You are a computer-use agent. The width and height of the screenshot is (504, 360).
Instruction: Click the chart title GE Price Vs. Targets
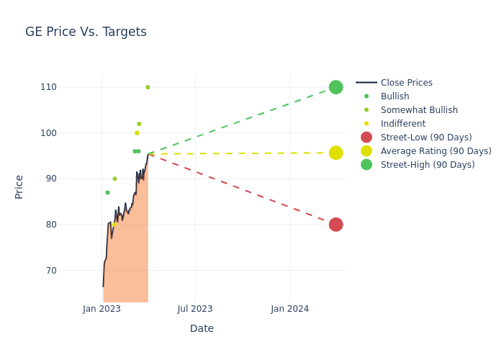click(86, 32)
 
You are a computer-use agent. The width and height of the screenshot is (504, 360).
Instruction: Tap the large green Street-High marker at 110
click(336, 87)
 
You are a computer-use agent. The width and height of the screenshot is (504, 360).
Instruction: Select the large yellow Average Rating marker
click(336, 153)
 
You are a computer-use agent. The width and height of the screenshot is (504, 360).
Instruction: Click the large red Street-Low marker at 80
click(336, 225)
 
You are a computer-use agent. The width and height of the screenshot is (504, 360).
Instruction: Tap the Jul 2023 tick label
click(195, 309)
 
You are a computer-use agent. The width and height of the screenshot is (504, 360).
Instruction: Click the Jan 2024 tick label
click(290, 309)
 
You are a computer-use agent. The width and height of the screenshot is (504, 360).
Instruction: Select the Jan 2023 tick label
click(102, 309)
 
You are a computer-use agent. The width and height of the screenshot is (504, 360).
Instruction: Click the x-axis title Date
click(202, 328)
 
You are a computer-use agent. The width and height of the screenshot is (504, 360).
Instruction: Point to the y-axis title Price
click(19, 186)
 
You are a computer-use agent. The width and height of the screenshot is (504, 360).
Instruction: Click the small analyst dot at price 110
click(148, 87)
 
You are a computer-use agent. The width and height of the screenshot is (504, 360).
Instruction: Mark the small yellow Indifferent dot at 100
click(137, 133)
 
